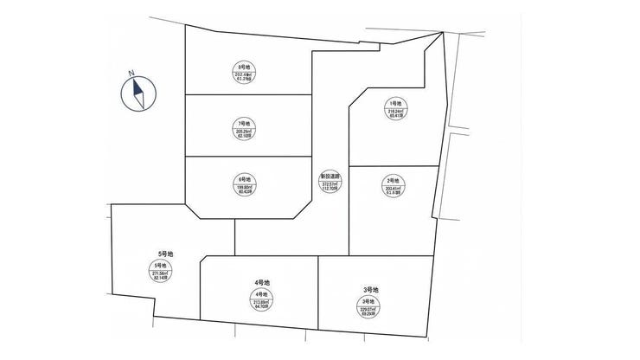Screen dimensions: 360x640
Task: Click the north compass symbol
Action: tap(139, 93)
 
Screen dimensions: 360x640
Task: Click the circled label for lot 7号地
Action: tap(244, 128)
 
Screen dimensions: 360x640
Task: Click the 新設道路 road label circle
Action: tap(330, 183)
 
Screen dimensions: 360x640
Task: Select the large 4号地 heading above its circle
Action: tap(263, 283)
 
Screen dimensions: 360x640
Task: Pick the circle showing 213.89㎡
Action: tap(263, 301)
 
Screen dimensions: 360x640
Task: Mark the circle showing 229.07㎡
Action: tap(371, 306)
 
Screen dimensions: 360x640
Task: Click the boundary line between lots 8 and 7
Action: tap(248, 93)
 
